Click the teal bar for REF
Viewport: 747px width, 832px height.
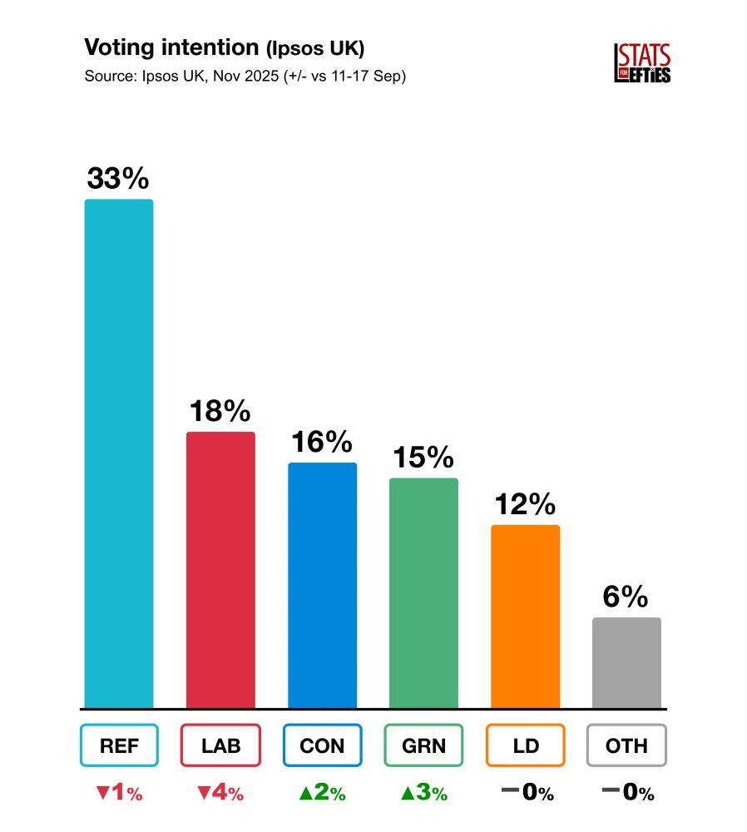coord(119,453)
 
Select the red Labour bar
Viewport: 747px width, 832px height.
coord(220,570)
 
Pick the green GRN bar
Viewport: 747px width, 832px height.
coord(423,592)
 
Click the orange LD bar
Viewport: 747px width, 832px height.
coord(525,616)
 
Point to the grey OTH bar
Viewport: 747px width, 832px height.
coord(626,662)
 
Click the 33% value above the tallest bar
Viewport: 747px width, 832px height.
coord(118,179)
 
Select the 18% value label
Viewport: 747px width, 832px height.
coord(220,412)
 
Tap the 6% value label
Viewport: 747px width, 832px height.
coord(626,597)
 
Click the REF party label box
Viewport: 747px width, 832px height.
coord(119,745)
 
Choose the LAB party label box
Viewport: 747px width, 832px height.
coord(220,745)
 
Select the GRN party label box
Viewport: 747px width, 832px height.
coord(423,745)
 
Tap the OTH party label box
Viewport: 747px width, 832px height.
coord(626,745)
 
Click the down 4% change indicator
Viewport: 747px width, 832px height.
coord(220,794)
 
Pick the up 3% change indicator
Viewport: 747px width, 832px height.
coord(423,794)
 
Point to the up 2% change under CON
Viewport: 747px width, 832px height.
coord(322,794)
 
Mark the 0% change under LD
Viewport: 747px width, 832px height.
coord(527,794)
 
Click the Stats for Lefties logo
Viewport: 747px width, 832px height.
coord(642,63)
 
